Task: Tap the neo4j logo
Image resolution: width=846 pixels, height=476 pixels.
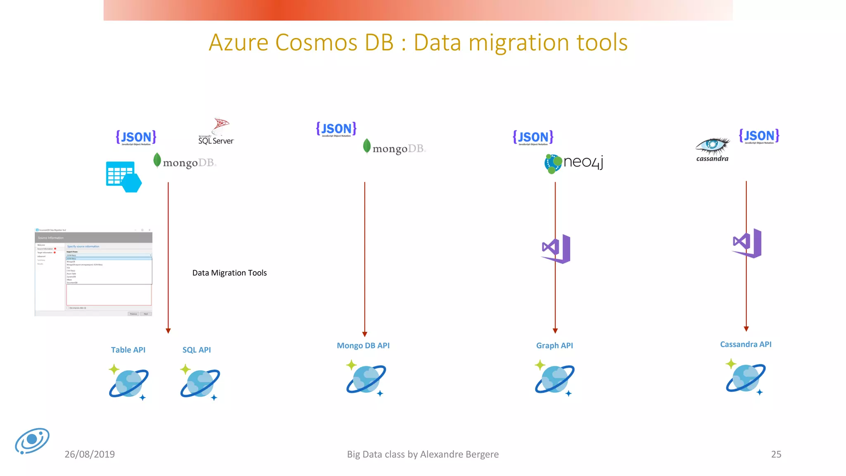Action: tap(574, 163)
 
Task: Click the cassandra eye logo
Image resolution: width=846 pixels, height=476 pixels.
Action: tap(713, 149)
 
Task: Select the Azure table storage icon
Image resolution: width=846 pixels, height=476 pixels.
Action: tap(124, 177)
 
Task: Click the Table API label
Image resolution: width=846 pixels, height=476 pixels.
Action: tap(128, 350)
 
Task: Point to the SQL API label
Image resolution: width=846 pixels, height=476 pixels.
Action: tap(197, 350)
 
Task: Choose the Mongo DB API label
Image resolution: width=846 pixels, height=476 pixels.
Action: tap(363, 346)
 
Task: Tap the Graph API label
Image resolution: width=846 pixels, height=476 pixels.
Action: tap(554, 346)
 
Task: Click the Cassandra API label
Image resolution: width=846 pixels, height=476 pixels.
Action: tap(746, 345)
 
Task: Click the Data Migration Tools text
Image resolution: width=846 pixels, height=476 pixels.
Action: tap(230, 273)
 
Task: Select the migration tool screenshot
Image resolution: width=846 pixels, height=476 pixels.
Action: tap(94, 272)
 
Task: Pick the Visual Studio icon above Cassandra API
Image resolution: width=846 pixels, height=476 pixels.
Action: tap(747, 243)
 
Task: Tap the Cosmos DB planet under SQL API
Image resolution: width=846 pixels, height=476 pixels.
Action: tap(200, 382)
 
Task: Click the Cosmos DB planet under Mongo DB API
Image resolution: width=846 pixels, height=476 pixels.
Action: tap(366, 378)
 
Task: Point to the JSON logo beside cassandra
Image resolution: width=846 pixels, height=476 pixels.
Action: tap(759, 136)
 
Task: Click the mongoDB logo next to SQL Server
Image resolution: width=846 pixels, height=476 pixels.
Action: tap(185, 162)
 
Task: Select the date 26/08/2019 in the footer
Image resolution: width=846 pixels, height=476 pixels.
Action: tap(90, 455)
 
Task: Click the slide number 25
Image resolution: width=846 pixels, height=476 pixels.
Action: tap(776, 455)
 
